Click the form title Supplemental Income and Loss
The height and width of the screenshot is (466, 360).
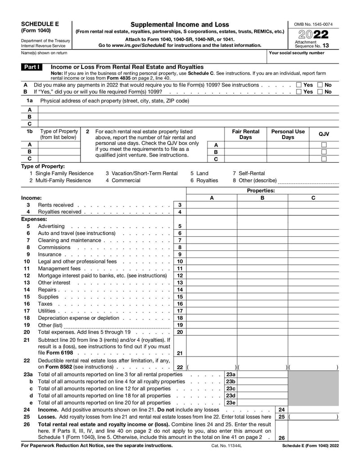pos(180,24)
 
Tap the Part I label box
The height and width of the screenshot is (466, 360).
pos(31,67)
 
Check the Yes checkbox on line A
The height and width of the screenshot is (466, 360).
pos(299,85)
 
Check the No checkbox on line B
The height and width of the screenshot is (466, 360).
pos(320,92)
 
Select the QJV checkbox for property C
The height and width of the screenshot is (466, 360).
pos(324,159)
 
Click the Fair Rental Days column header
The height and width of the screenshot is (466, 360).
pos(245,134)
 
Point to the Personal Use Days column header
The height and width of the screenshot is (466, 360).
pos(288,134)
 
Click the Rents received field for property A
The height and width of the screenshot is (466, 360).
pos(211,205)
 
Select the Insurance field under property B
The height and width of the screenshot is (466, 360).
pos(262,254)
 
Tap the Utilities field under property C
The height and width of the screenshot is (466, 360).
pos(313,311)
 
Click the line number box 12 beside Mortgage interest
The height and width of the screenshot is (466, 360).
pos(180,276)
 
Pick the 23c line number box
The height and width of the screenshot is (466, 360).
pos(230,389)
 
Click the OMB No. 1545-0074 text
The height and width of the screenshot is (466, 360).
pos(313,24)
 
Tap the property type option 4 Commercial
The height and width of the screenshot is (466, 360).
pos(123,181)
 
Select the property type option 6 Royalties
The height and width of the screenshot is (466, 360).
pos(204,181)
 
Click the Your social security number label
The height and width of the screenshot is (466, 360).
pos(296,53)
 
